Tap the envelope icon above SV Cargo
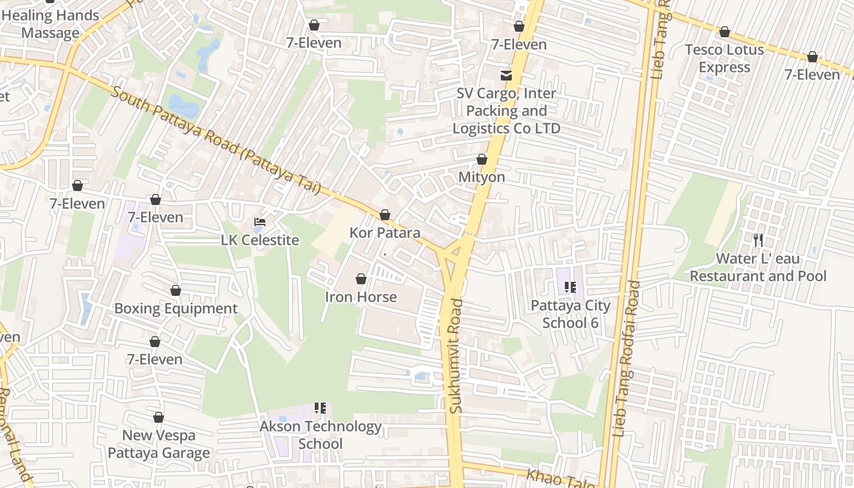tap(506, 76)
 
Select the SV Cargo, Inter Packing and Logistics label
tap(506, 111)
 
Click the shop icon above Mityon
tap(482, 160)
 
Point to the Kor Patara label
tap(385, 233)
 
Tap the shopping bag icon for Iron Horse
tap(361, 279)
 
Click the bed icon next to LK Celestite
tap(260, 223)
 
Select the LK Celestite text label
tap(260, 240)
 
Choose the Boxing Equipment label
tap(176, 309)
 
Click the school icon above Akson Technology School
tap(320, 408)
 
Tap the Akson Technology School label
tap(320, 435)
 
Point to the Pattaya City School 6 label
tap(570, 314)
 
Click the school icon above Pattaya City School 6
tap(570, 287)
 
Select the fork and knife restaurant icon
tap(758, 240)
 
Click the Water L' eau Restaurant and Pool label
tap(758, 267)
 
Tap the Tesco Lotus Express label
tap(724, 59)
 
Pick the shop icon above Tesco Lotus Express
tap(725, 32)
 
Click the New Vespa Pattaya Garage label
tap(159, 444)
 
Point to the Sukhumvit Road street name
tap(456, 356)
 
